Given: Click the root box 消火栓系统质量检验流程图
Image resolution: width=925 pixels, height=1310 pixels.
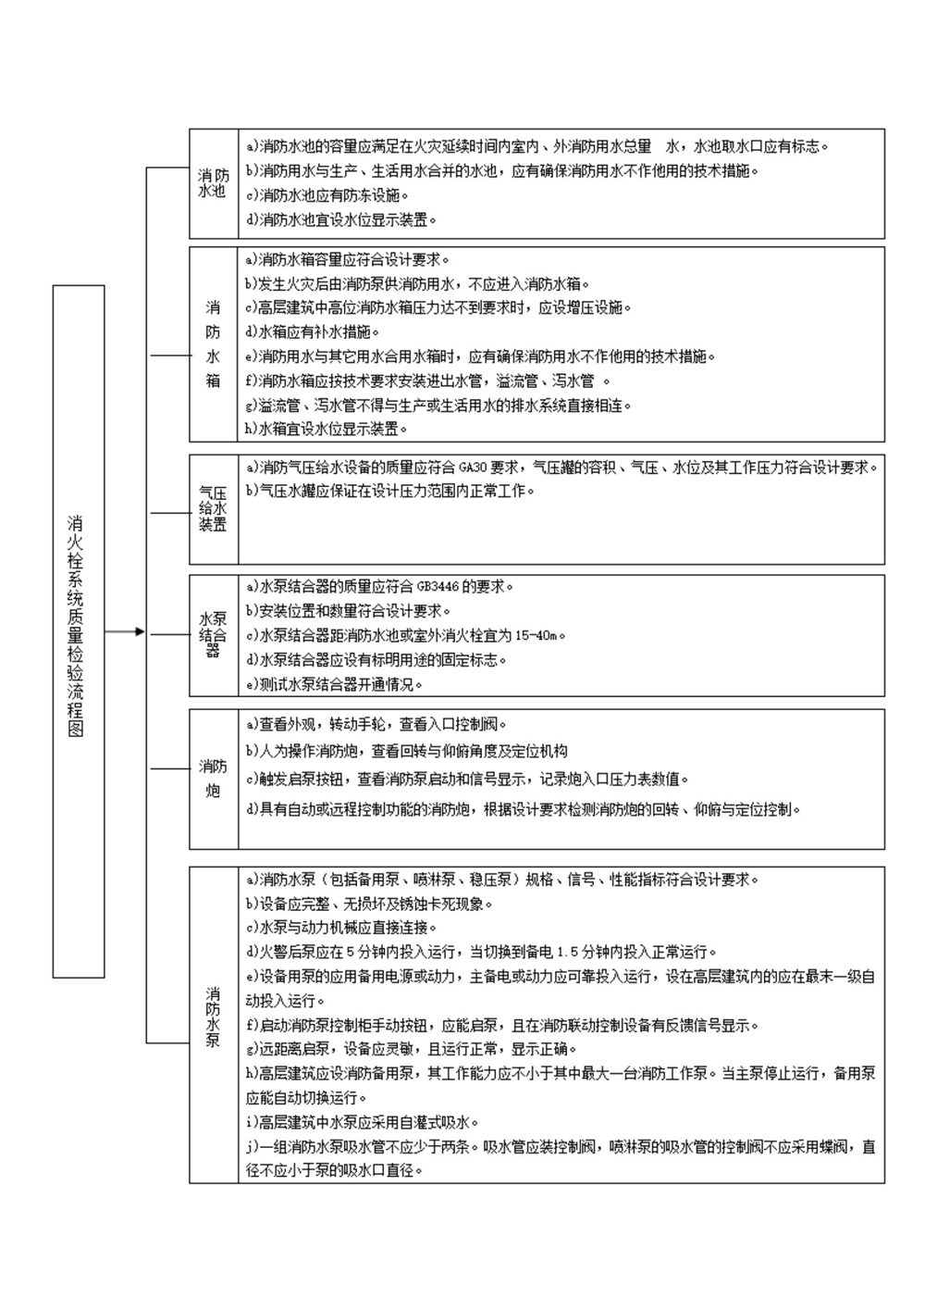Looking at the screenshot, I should [x=78, y=630].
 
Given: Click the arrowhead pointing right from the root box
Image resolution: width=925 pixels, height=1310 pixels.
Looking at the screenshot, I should [x=140, y=631].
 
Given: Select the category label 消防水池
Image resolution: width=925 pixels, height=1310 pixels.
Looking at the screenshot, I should [x=213, y=183].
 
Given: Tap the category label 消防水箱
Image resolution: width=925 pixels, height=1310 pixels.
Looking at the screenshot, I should [x=213, y=343].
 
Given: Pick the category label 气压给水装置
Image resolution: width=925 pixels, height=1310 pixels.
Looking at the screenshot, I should [x=213, y=508].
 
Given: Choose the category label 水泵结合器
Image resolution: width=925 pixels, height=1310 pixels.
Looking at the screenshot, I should [x=213, y=635].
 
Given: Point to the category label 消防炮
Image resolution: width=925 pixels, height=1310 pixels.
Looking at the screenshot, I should [x=213, y=779].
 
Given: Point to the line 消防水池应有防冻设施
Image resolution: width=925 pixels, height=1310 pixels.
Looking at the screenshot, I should [x=327, y=195].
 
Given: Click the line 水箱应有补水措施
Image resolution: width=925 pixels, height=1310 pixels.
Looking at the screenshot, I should [x=313, y=331].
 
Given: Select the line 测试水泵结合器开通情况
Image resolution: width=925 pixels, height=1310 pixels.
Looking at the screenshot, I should [x=334, y=685].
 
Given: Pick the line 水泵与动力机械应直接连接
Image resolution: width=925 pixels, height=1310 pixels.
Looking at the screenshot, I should [x=341, y=928].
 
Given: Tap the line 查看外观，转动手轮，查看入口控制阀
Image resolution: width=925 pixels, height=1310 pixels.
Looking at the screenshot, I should [x=376, y=725].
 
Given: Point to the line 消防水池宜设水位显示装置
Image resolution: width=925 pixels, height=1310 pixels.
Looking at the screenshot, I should [x=340, y=220].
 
